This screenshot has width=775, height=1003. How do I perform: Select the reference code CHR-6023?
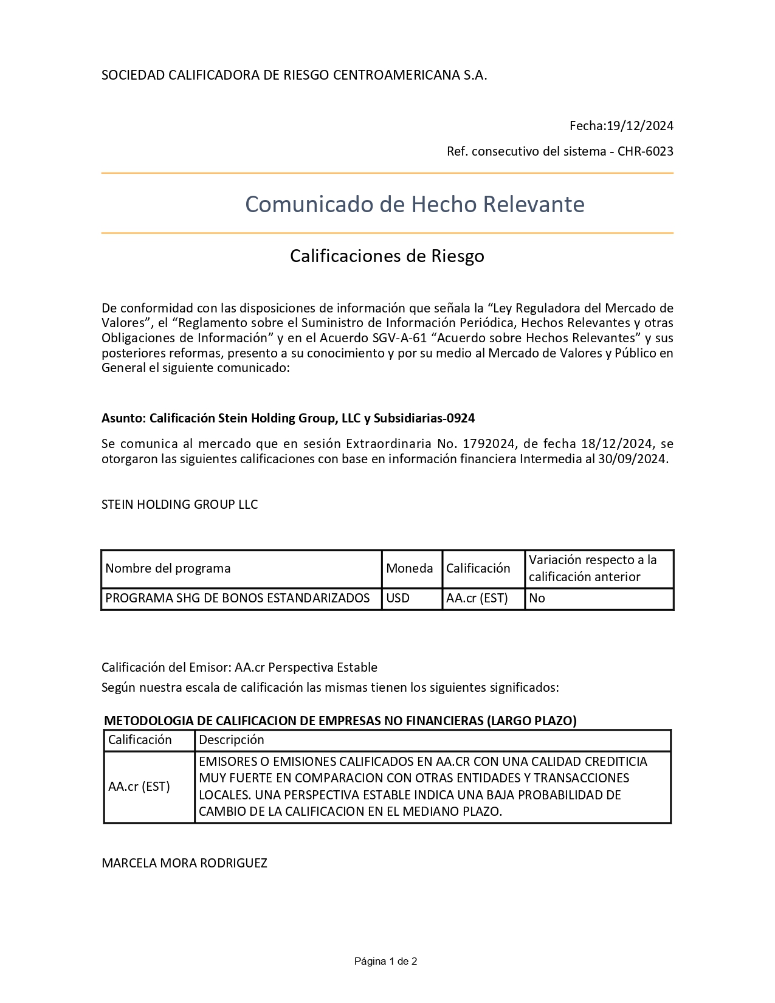point(646,151)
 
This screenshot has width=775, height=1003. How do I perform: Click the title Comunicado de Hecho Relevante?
point(415,204)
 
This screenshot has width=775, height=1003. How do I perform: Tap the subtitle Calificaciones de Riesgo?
point(387,256)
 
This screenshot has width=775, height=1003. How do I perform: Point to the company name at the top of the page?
point(294,75)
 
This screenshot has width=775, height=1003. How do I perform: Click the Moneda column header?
point(410,568)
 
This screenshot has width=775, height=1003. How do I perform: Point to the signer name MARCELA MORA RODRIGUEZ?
point(184,863)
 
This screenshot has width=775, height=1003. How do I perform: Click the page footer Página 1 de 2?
point(386,961)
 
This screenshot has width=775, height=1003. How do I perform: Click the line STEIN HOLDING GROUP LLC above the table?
point(180,505)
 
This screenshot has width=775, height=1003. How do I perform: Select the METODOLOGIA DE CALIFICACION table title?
point(340,721)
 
